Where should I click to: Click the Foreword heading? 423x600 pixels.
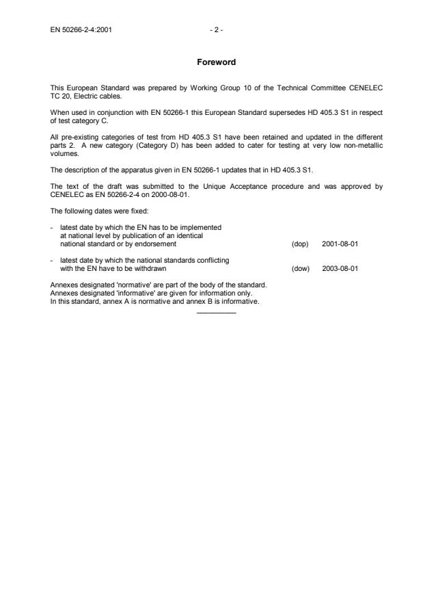coord(215,62)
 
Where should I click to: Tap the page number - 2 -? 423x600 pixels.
coord(216,30)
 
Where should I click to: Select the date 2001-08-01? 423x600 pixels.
coord(340,243)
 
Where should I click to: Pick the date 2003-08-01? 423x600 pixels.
coord(340,268)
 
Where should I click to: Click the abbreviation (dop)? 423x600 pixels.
coord(300,243)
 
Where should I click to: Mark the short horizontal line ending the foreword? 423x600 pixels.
coord(215,313)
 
